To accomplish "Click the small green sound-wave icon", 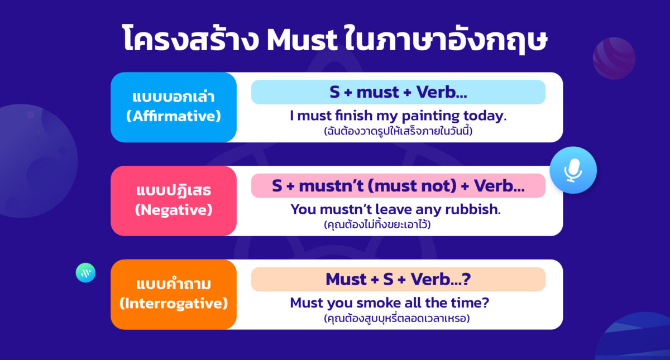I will (x=85, y=272).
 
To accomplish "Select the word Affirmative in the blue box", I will (x=174, y=117).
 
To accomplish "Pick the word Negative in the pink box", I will (x=174, y=210).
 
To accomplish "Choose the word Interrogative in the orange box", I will (x=174, y=304).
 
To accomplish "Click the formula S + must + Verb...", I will (x=398, y=92).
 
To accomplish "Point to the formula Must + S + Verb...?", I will (x=398, y=279).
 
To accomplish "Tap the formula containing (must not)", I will (x=398, y=186).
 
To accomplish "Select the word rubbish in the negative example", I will (x=472, y=210).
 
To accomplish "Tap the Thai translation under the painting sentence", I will (x=398, y=132).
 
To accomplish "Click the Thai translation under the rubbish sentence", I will (x=377, y=225).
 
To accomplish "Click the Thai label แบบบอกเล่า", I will (x=174, y=97).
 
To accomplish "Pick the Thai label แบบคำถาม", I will (x=174, y=284).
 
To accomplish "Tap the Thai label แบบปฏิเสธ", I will (x=174, y=191).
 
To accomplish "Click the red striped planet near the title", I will (x=614, y=57).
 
